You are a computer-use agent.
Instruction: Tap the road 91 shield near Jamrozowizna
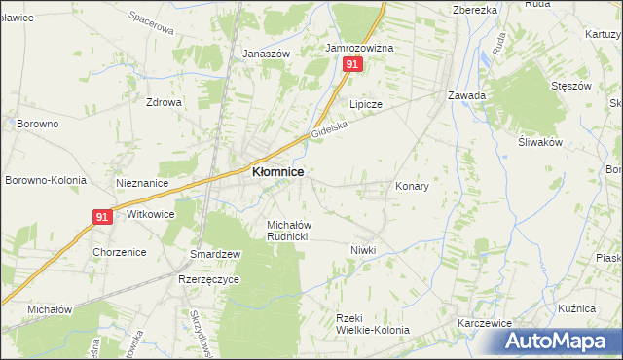pos(352,64)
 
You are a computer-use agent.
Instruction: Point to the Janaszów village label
pos(267,54)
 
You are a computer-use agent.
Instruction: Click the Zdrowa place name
pos(164,102)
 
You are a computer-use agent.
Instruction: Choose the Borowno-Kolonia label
pos(46,180)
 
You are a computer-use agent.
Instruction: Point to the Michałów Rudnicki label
pos(288,230)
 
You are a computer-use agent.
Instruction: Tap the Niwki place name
pos(363,250)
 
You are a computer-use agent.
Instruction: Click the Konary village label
pos(412,185)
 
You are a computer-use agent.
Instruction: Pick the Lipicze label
pos(366,103)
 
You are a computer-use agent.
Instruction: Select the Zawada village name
pos(466,96)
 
